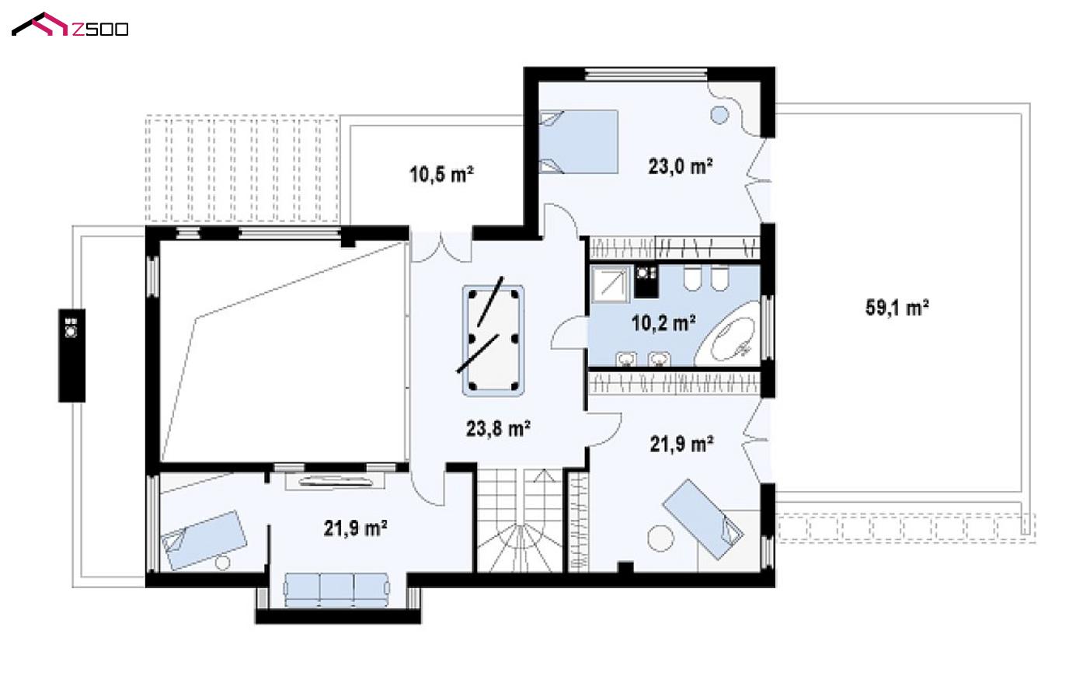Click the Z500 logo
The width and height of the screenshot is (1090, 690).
tap(70, 24)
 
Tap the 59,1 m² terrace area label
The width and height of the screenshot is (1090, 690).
tap(897, 308)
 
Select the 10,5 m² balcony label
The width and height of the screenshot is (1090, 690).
tap(441, 174)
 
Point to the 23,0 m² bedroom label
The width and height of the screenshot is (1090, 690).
tap(681, 166)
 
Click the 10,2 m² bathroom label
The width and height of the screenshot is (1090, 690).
tap(663, 322)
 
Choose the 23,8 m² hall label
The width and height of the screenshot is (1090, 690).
tap(498, 429)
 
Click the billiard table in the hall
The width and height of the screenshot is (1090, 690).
tap(493, 340)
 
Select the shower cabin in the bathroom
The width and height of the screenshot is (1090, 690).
tap(611, 284)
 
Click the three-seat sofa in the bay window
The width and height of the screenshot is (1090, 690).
tap(336, 589)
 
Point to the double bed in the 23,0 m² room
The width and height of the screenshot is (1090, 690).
tap(579, 141)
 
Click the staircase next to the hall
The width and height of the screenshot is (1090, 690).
tap(519, 520)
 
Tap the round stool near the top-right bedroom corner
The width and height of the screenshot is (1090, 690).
tap(719, 115)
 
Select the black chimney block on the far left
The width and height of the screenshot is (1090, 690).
tap(72, 355)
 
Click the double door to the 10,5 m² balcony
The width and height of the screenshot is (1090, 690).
tap(441, 246)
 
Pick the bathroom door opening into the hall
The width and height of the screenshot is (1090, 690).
tap(569, 333)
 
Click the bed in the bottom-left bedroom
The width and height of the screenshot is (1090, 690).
tap(204, 539)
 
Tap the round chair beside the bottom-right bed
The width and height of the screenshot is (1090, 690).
tap(661, 538)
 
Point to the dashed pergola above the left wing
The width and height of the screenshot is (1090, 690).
tap(242, 169)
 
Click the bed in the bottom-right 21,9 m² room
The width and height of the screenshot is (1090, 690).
tap(704, 519)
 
